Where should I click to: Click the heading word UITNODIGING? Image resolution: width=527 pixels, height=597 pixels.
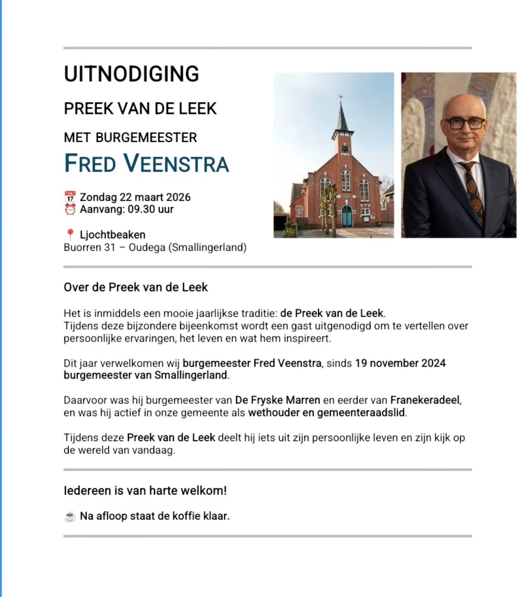131,74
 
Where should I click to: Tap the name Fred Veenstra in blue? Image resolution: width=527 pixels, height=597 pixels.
147,163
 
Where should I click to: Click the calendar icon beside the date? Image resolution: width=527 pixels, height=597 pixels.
70,197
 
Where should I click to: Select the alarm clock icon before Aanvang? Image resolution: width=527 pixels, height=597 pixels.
70,209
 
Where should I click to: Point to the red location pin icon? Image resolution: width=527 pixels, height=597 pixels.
70,235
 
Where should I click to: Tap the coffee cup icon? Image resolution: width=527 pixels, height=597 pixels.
70,517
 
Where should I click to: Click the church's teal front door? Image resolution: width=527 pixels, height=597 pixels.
347,216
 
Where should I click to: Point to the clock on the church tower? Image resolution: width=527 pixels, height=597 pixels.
345,148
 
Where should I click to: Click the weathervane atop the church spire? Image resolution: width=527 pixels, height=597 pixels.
341,98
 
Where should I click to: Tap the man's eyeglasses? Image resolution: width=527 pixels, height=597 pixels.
464,123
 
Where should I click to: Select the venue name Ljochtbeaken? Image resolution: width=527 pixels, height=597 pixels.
112,235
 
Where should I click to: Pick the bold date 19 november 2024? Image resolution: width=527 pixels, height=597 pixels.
400,363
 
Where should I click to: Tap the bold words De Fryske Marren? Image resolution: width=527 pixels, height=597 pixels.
278,400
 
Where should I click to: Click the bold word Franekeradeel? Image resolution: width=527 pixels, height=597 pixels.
425,400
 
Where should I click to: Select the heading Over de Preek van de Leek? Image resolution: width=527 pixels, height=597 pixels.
135,287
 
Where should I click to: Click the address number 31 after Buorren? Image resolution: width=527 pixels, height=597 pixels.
109,248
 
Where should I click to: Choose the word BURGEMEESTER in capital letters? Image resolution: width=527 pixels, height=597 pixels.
146,138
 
